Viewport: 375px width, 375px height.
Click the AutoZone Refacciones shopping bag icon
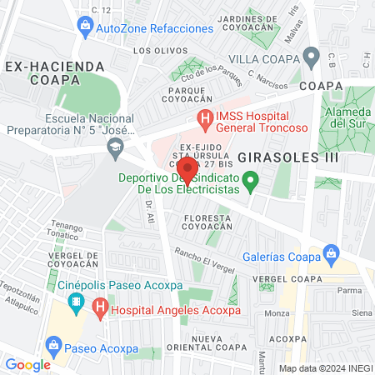point(87,27)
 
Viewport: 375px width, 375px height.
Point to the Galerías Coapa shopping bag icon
point(331,252)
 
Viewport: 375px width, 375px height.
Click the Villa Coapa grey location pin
point(312,59)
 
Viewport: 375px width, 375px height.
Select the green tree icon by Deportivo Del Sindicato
point(247,179)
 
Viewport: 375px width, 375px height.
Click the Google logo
point(28,364)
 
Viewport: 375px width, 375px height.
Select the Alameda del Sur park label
point(349,117)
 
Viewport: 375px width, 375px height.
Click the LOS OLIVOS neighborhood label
point(154,51)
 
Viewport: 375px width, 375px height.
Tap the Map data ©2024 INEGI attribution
point(325,367)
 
